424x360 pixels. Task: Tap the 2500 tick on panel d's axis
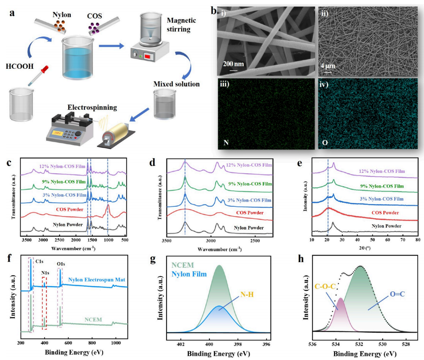[254, 240]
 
